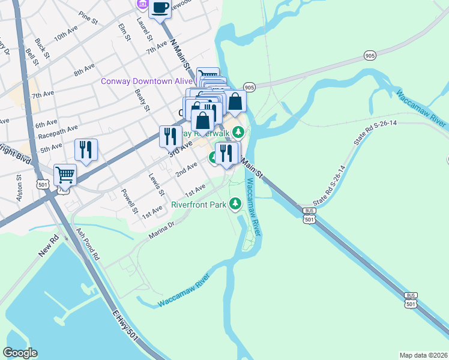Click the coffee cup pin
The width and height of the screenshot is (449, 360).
coord(160,8)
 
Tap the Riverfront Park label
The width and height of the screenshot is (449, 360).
coord(199,205)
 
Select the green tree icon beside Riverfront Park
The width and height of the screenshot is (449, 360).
coord(236,205)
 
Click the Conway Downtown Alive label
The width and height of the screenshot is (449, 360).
coord(146,82)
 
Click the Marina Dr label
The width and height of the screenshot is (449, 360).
coord(161,231)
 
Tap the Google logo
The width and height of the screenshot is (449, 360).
coord(20,353)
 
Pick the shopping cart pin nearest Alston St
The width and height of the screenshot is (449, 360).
coord(65,175)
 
